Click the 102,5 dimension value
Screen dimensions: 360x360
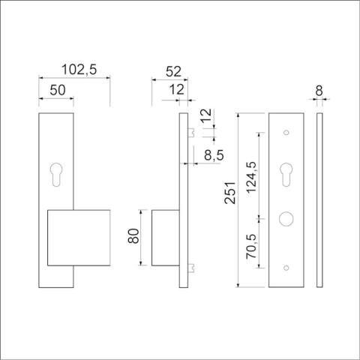tap(79, 70)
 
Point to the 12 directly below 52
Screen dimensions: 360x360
tap(177, 90)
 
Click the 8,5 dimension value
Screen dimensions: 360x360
tap(212, 156)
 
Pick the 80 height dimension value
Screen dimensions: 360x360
tap(133, 238)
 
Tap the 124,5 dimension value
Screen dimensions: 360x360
tap(251, 174)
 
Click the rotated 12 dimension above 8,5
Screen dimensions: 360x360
tap(208, 118)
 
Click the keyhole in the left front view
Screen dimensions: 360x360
tap(57, 172)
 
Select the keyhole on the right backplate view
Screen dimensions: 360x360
tap(286, 175)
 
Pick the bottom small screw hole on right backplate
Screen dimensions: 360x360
tap(286, 268)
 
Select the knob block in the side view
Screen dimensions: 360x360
tap(165, 238)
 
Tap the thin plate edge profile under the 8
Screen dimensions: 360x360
tap(319, 201)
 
